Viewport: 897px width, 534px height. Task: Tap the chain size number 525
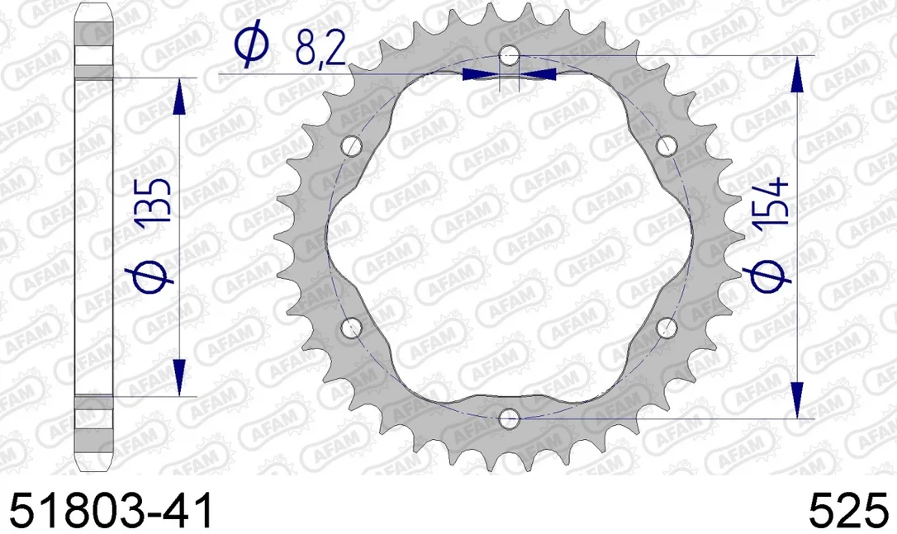coord(848,510)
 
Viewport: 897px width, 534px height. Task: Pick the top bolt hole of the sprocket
coord(509,55)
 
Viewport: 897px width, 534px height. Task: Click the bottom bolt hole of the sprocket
coord(509,418)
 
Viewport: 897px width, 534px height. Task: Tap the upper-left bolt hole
coord(352,146)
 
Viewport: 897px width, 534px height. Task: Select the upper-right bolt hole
coord(667,146)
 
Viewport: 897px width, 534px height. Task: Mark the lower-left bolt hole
coord(352,328)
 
